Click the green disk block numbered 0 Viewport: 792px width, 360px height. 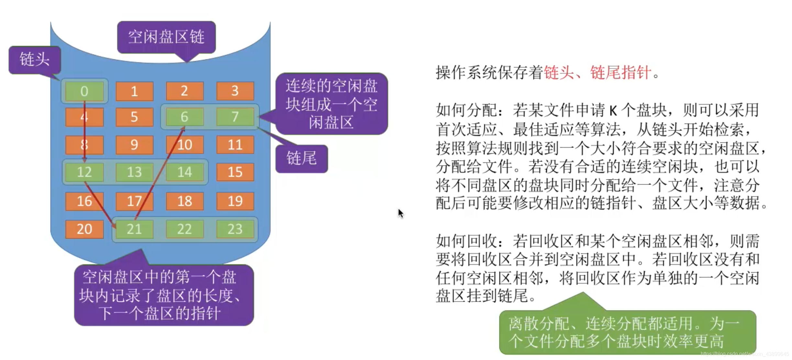[84, 91]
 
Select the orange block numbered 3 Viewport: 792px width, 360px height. [235, 91]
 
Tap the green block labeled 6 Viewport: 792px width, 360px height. [184, 117]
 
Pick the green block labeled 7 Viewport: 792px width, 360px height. [235, 117]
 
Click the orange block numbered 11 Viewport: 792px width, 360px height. [235, 145]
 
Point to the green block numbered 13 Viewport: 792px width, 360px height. [134, 172]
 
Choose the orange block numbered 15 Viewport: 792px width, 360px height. [235, 172]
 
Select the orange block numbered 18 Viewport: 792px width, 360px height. [184, 201]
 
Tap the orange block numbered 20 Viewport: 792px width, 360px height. [84, 229]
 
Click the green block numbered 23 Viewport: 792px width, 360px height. [235, 229]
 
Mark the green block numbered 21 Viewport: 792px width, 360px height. [134, 229]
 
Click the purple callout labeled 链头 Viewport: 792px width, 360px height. [35, 60]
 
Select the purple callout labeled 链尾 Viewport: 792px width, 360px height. [301, 159]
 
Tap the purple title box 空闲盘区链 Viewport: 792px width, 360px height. [166, 37]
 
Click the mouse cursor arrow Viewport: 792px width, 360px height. [401, 213]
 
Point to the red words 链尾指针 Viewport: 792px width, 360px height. [620, 72]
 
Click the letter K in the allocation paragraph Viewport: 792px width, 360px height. [613, 111]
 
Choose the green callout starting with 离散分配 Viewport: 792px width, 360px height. [627, 332]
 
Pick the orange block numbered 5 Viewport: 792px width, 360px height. [134, 117]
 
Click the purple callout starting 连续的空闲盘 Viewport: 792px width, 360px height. [331, 104]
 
